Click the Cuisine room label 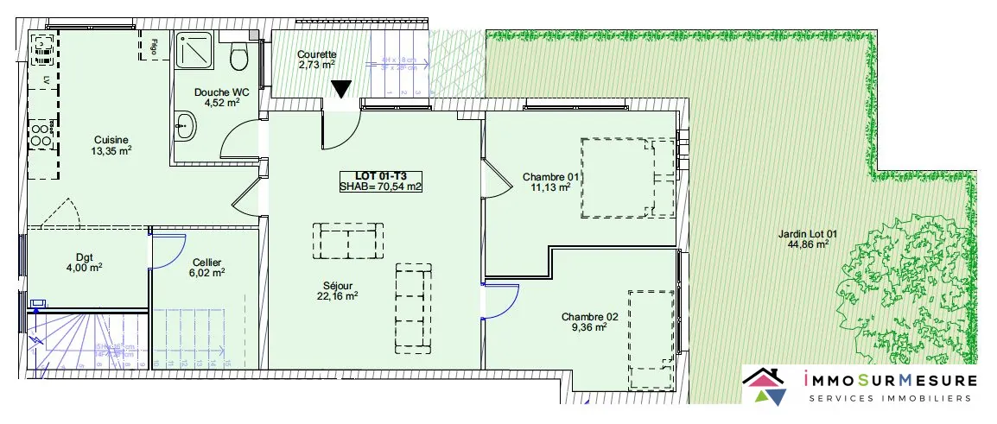112,140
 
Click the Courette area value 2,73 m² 316,65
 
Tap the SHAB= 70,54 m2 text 380,186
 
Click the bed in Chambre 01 628,176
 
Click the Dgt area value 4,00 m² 86,267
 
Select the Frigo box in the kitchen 154,47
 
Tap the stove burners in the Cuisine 40,134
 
